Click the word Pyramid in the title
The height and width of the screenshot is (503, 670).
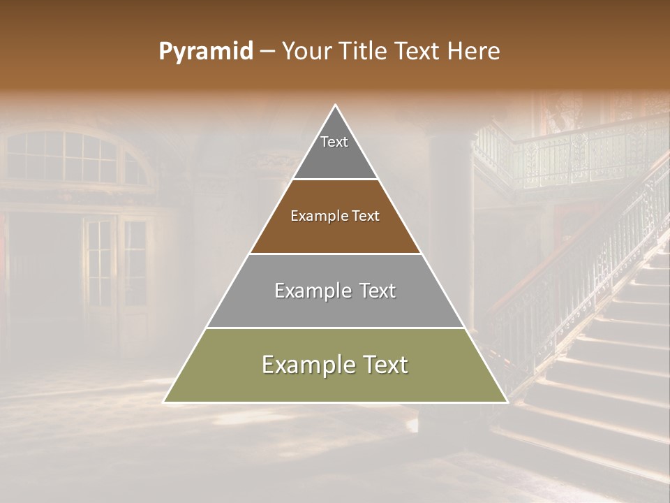tap(206, 52)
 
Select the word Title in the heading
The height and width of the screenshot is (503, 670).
tap(366, 52)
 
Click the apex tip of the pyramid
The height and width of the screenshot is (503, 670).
tap(336, 105)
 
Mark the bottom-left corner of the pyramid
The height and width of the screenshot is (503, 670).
tap(165, 402)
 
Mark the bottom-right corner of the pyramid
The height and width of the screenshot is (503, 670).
tap(507, 402)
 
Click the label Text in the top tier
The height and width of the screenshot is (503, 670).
tap(334, 142)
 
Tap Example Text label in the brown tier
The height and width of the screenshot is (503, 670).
tap(335, 216)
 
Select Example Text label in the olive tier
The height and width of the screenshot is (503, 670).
tap(335, 365)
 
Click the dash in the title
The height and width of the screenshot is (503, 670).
tap(267, 52)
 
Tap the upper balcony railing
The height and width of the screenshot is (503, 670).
tap(572, 157)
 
